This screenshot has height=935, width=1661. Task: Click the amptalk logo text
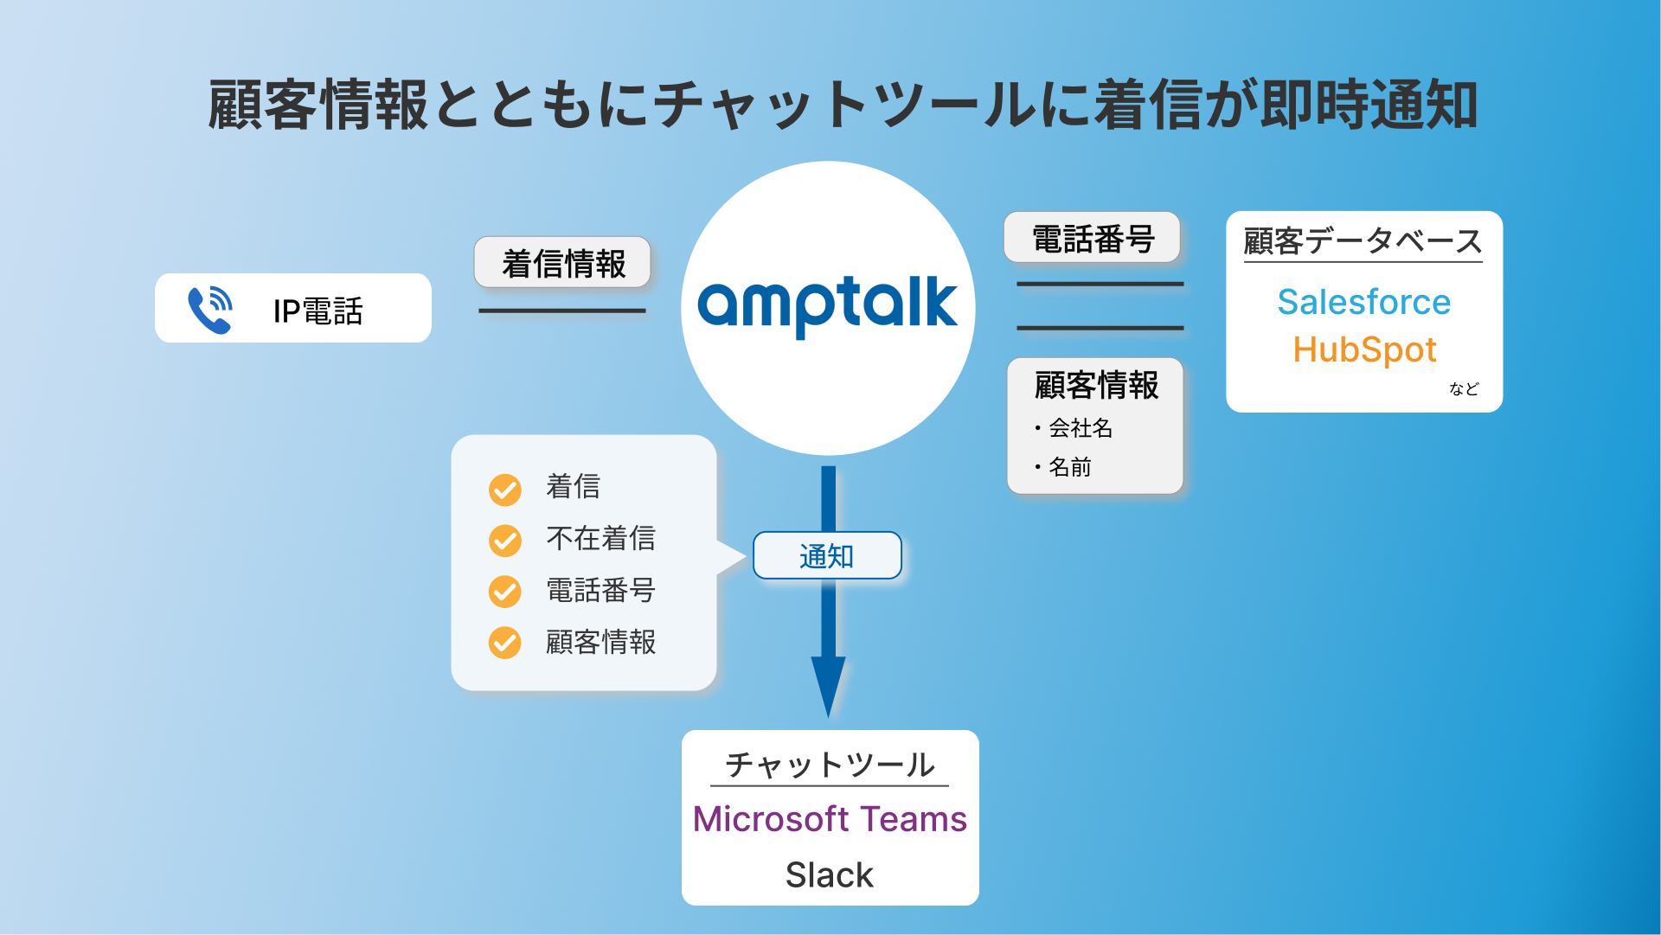827,304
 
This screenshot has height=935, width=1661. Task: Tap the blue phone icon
210,310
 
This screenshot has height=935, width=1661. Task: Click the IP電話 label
317,311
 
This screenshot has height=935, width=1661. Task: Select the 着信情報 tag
563,263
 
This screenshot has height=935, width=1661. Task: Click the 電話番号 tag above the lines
1093,238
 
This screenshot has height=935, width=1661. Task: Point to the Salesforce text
1363,302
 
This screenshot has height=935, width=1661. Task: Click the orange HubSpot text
1364,349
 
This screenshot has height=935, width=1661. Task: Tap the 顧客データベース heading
1363,240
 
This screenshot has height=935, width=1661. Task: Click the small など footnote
1464,388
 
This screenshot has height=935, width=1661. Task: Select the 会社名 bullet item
1080,427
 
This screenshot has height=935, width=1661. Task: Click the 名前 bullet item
1069,467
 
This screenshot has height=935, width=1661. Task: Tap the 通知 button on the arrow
827,555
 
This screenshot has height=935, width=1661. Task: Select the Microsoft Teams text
830,818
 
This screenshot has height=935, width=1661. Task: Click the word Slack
830,874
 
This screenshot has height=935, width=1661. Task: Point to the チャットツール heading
830,764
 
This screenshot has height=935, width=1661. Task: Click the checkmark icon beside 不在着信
505,541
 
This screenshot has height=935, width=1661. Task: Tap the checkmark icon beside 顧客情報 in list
505,643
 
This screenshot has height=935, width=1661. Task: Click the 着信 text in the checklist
573,486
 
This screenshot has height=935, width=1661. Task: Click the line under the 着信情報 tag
562,311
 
